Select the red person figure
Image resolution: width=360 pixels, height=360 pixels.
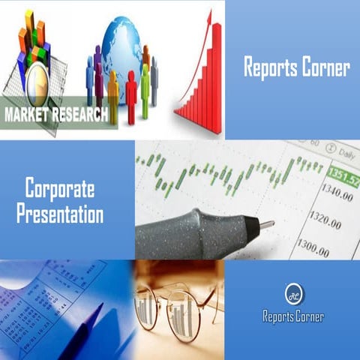pos(131,94)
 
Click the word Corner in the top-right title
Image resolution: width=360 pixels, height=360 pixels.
pos(324,67)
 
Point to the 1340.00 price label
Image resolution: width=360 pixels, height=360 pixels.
pos(335,196)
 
